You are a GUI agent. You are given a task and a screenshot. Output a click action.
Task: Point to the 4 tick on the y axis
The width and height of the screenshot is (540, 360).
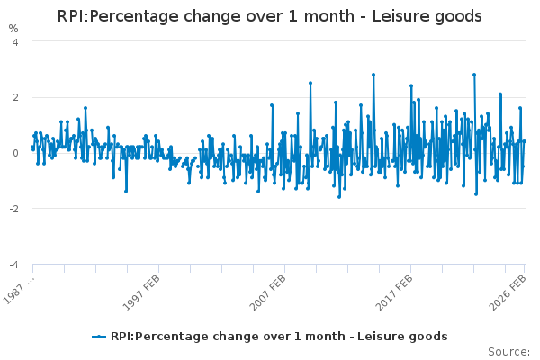(17, 41)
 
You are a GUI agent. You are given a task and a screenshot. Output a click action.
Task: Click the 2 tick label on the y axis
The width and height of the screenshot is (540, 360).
(17, 97)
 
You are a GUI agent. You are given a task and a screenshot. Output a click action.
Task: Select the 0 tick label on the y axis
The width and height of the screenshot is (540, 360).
(17, 153)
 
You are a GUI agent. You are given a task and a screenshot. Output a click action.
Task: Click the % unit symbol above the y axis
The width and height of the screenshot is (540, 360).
(13, 29)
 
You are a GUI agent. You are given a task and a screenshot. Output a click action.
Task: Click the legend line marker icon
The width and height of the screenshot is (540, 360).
(99, 337)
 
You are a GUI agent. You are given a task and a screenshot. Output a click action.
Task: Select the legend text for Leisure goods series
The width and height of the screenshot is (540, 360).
(278, 337)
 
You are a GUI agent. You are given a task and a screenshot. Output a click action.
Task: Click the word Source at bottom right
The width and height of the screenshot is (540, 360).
(508, 351)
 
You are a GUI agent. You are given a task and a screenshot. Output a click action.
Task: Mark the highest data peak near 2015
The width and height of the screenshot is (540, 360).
(373, 75)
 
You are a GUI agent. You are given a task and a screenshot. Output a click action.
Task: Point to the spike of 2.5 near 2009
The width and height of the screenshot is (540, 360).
(310, 83)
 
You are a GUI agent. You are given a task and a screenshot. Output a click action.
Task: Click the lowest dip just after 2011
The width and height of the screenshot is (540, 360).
(339, 197)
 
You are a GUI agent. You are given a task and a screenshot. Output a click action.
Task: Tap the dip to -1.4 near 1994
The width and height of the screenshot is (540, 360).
(126, 191)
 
